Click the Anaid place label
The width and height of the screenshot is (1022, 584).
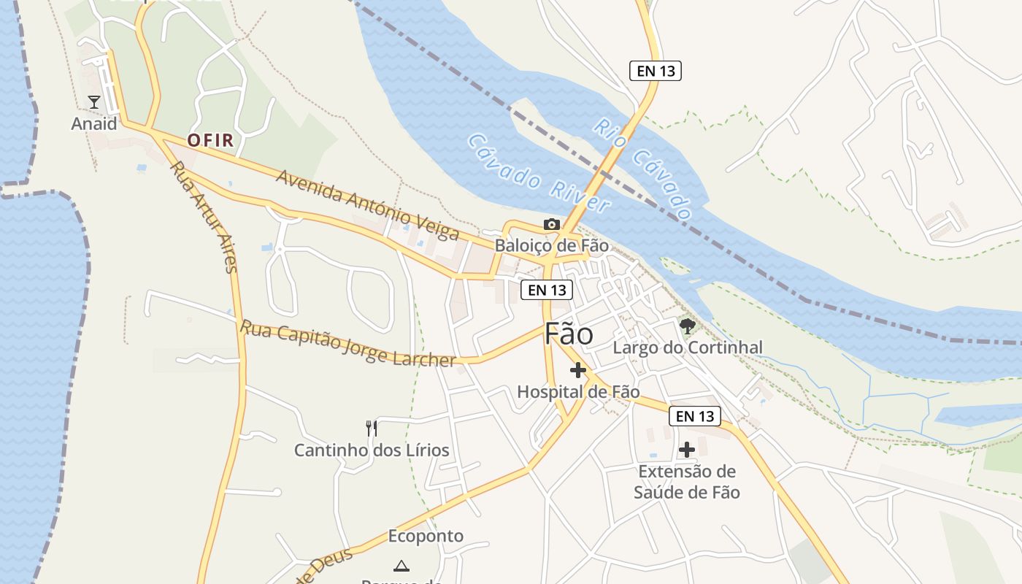coord(94,124)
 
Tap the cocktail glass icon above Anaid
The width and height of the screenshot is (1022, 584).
coord(94,101)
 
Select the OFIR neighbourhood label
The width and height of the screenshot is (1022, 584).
coord(210,140)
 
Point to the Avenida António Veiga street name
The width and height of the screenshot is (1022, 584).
coord(367,205)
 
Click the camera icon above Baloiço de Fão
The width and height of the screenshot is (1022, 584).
coord(552,224)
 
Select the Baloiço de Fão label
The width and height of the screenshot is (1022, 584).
coord(551,245)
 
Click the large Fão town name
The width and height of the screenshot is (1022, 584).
coord(569,334)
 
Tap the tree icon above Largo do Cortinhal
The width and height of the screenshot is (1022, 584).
coord(687,326)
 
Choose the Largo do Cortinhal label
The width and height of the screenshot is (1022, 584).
coord(687,347)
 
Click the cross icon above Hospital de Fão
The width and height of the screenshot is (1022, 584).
coord(578,370)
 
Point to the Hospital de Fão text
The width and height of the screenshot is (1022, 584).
coord(578,392)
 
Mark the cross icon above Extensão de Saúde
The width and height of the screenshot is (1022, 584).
coord(687,450)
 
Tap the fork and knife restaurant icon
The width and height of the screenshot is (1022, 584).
coord(372,428)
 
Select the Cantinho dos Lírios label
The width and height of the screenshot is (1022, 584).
coord(372,450)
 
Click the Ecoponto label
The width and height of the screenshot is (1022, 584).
coord(426,537)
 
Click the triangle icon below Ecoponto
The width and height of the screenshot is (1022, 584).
coord(401,566)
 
